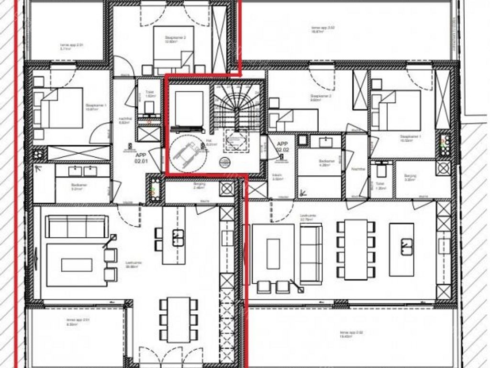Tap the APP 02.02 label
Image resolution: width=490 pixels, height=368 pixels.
coord(282,147)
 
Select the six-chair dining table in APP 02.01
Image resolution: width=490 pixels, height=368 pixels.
coord(178,319)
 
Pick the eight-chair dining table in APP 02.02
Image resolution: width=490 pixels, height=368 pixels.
coord(356,249)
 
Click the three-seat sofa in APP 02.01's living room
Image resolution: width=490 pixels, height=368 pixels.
coord(77,226)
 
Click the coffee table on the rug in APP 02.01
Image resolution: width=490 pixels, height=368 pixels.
coord(77,265)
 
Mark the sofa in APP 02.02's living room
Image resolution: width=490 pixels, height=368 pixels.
coord(311,254)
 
